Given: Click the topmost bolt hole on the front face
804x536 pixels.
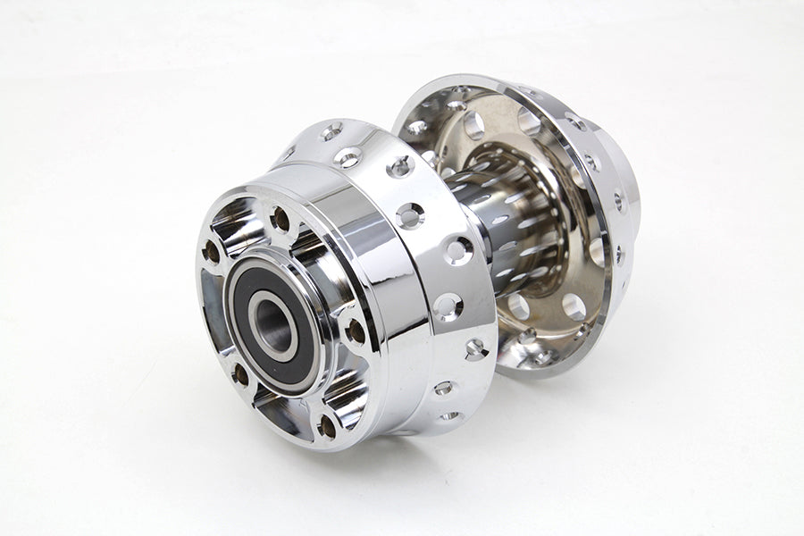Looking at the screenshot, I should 281,218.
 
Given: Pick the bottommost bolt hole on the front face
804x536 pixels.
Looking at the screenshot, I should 326,427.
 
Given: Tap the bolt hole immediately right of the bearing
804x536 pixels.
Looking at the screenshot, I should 355,331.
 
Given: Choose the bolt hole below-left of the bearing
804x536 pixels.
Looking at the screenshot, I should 239,375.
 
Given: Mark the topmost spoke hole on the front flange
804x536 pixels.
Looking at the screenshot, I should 331,132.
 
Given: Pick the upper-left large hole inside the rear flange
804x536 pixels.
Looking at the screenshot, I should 473,126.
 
